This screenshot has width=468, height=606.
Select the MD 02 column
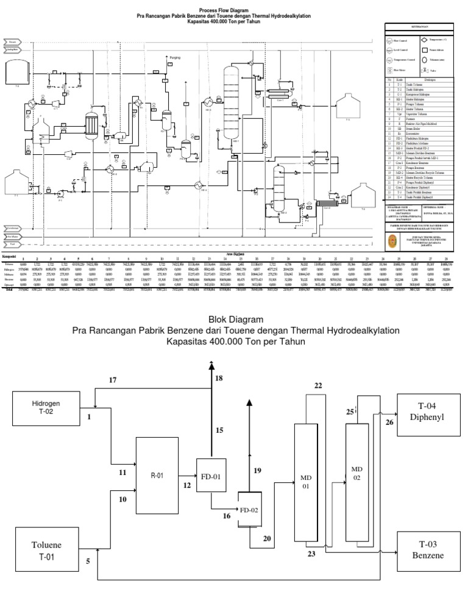coord(358,473)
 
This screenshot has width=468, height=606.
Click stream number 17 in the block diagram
coord(112,380)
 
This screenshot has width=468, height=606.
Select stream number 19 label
coord(257,470)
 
